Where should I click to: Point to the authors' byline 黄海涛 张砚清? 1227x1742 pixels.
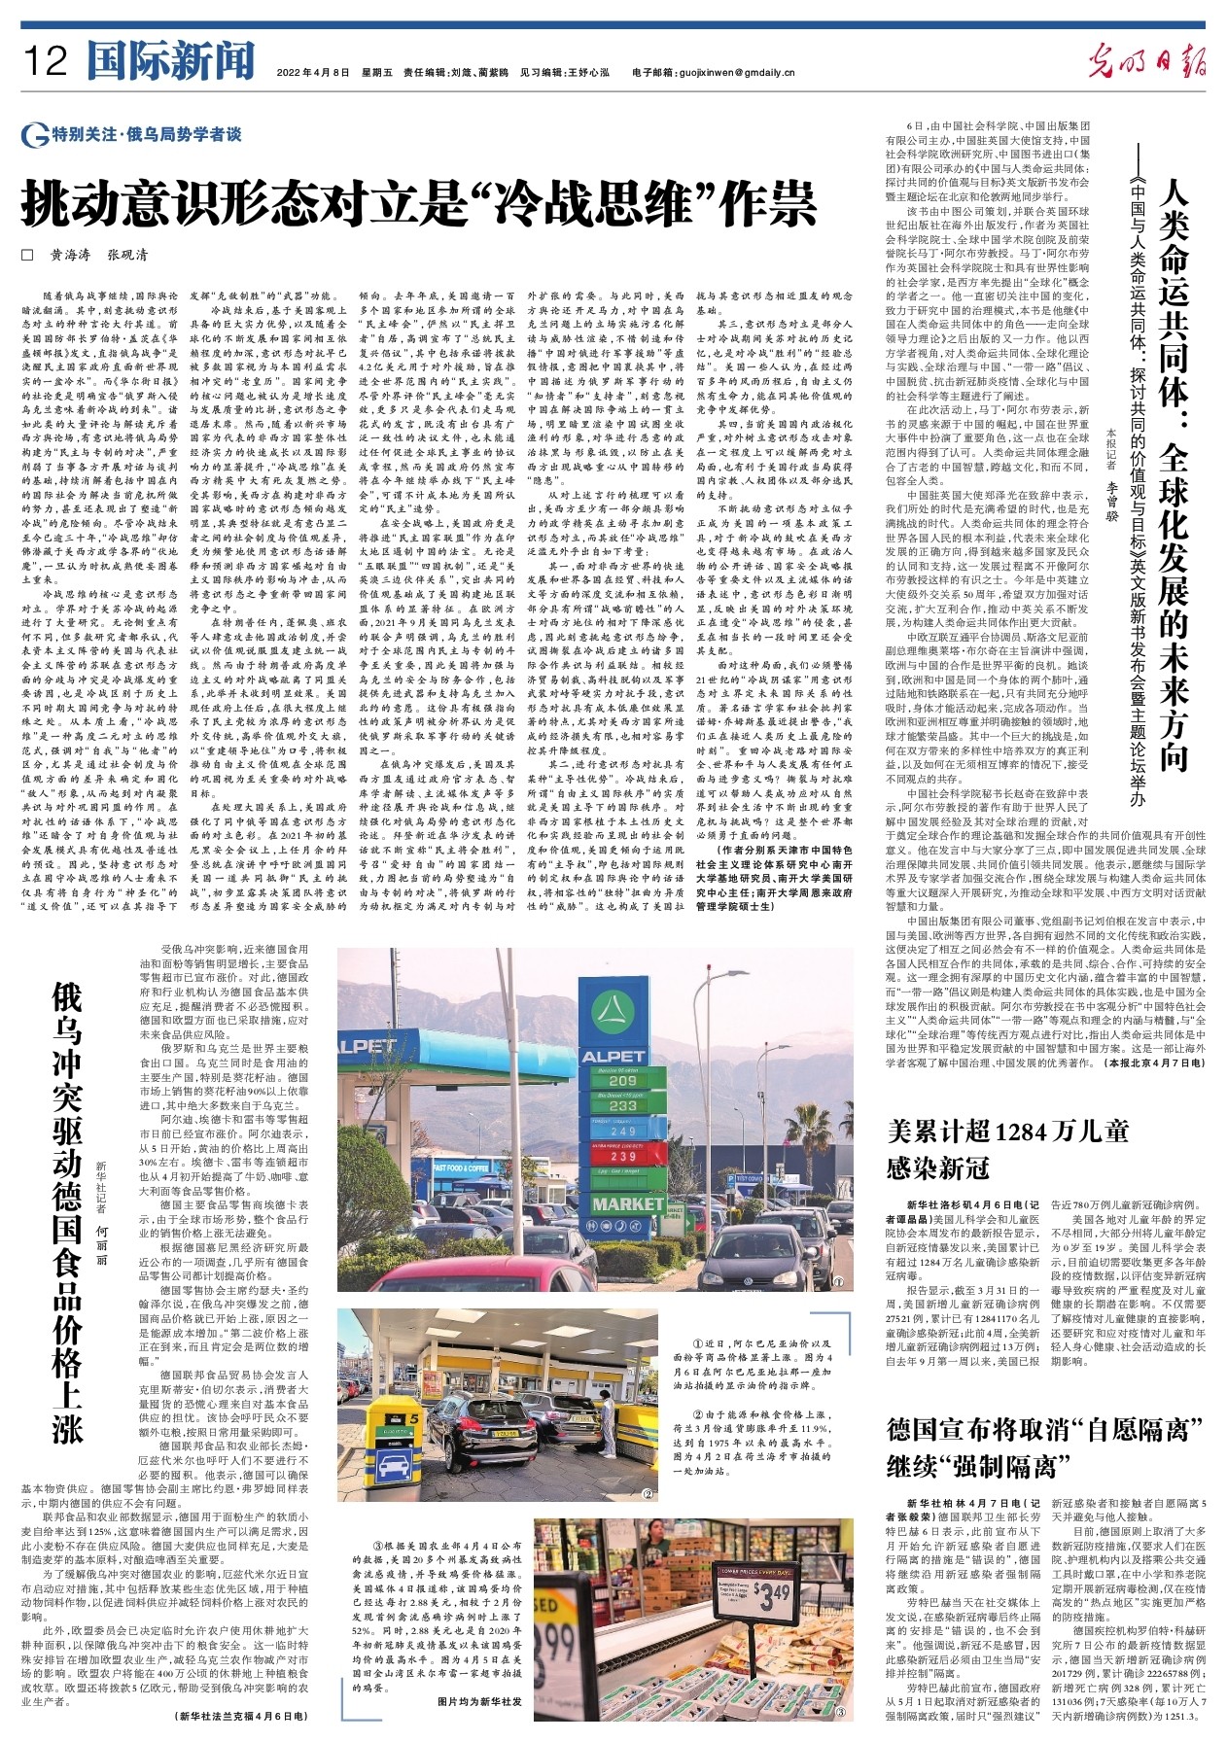pyautogui.click(x=99, y=255)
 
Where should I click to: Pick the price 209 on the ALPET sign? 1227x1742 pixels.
pyautogui.click(x=622, y=1080)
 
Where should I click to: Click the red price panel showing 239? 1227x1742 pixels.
pyautogui.click(x=622, y=1157)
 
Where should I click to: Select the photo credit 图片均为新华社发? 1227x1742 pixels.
pyautogui.click(x=479, y=1728)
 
